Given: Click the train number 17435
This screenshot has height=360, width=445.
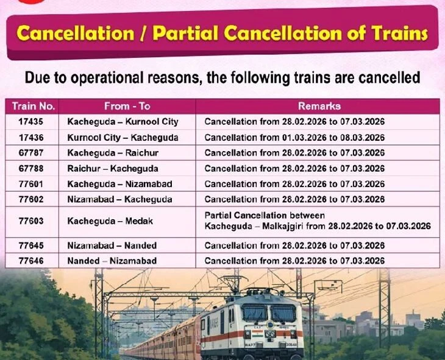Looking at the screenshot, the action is [31, 122].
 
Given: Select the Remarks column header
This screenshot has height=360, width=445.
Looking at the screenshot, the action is [319, 106].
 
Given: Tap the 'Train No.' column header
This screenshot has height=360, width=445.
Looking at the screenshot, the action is [34, 106].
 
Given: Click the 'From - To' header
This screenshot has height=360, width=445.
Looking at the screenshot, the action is [127, 106].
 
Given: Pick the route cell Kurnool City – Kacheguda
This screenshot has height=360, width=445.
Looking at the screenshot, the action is [123, 138].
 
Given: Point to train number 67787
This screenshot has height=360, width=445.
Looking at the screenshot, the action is [31, 153].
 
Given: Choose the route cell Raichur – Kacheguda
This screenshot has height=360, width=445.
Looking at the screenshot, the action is [113, 169].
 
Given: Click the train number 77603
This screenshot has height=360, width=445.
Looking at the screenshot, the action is [31, 221].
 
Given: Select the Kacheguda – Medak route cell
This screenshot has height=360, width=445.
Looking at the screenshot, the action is [110, 221].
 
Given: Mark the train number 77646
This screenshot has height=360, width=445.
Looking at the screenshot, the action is [31, 261].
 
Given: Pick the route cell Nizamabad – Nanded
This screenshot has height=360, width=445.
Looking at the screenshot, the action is [112, 245].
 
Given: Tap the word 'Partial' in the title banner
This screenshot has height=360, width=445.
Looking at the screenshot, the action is [186, 33].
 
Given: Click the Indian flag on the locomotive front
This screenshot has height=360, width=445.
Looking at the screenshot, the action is [257, 332].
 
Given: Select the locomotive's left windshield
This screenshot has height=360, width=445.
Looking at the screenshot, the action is [254, 312].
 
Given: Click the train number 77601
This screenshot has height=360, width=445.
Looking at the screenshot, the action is [31, 184].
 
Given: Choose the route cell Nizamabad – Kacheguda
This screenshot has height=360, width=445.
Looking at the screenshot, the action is [119, 199].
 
